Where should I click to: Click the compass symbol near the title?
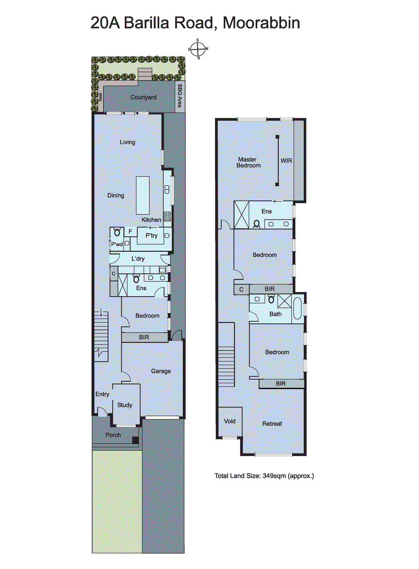pyautogui.click(x=198, y=49)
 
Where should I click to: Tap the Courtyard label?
pyautogui.click(x=143, y=97)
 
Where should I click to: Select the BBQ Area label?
pyautogui.click(x=180, y=96)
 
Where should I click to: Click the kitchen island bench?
pyautogui.click(x=143, y=196)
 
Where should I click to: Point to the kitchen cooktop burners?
pyautogui.click(x=167, y=217)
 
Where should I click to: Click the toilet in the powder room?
pyautogui.click(x=117, y=232)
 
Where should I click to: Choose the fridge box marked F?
pyautogui.click(x=130, y=232)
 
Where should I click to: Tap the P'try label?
pyautogui.click(x=151, y=235)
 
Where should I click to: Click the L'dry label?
pyautogui.click(x=138, y=259)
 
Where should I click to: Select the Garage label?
pyautogui.click(x=161, y=371)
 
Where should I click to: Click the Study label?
pyautogui.click(x=125, y=405)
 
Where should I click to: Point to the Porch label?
pyautogui.click(x=113, y=435)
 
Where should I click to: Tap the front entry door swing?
pyautogui.click(x=103, y=412)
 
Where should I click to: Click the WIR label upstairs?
pyautogui.click(x=286, y=161)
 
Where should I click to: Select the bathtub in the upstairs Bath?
pyautogui.click(x=297, y=309)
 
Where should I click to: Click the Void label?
pyautogui.click(x=230, y=421)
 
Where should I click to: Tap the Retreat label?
pyautogui.click(x=272, y=424)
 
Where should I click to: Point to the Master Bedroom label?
pyautogui.click(x=248, y=162)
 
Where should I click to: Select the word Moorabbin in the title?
pyautogui.click(x=262, y=23)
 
